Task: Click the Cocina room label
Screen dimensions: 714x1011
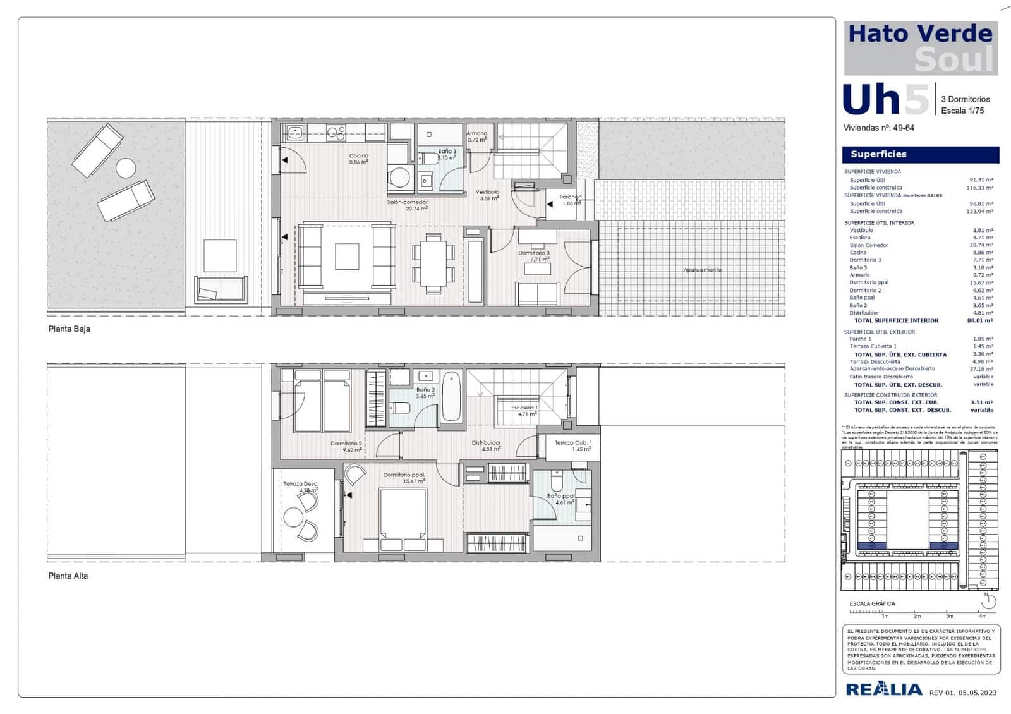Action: pos(359,156)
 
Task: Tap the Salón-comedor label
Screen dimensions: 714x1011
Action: pos(408,203)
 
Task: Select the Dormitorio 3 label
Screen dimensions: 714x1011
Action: pos(534,253)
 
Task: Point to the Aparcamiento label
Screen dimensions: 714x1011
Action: pos(702,270)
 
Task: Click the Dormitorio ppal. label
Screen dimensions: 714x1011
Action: pos(404,475)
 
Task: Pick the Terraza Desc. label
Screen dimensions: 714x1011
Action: pos(301,484)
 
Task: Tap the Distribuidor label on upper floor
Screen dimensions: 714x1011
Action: pos(487,443)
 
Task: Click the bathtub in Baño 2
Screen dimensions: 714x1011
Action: pos(451,397)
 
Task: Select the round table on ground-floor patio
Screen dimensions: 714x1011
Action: pos(126,168)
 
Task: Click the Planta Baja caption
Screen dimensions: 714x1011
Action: pos(70,329)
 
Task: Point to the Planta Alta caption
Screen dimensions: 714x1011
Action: pos(68,576)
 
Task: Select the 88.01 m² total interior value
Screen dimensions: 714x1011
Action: pos(980,321)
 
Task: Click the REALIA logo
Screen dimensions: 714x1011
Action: pos(883,689)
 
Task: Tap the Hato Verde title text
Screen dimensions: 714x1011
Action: pos(920,33)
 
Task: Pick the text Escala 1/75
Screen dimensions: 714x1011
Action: pos(962,111)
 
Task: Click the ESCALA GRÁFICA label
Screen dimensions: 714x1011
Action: pos(872,604)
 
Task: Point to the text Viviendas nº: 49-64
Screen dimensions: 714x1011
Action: pos(878,128)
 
